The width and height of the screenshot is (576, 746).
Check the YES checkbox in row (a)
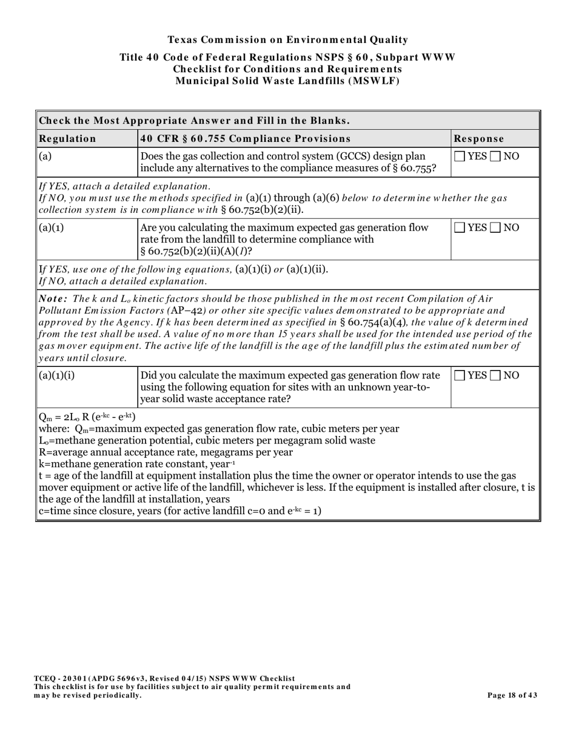tap(460, 156)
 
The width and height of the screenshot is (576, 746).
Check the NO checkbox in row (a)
tap(495, 156)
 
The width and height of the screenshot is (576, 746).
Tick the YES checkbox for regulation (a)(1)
tap(460, 228)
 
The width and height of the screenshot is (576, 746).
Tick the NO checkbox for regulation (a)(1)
tap(495, 228)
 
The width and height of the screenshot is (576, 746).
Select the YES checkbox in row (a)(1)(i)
tap(460, 376)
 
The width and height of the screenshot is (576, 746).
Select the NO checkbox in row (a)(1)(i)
tap(495, 376)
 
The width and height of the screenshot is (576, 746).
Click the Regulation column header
tap(67, 138)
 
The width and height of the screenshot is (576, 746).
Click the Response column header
tap(478, 138)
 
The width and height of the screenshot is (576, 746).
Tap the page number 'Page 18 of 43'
tap(512, 695)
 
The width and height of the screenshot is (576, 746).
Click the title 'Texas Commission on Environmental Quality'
tap(287, 40)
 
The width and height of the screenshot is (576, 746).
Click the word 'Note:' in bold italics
tap(53, 299)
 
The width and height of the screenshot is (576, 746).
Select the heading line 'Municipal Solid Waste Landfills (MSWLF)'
tap(287, 81)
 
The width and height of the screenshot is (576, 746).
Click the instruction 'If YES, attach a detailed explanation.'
tap(125, 186)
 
